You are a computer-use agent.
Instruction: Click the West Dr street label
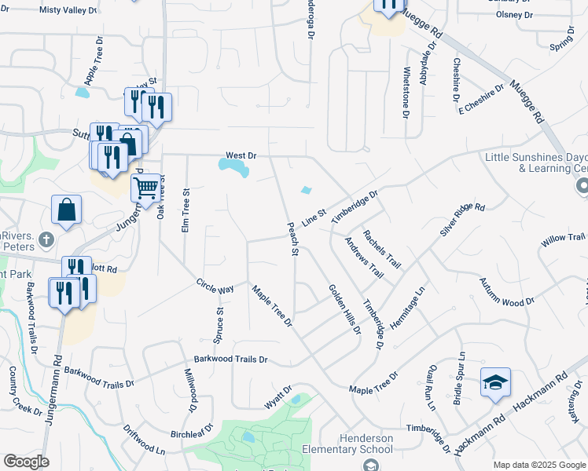point(241,155)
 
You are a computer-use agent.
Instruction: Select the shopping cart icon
point(145,188)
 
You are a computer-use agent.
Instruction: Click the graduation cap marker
point(495,382)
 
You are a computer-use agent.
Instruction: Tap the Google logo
point(26,462)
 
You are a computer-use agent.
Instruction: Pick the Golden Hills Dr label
point(344,309)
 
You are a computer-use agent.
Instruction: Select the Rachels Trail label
point(381,249)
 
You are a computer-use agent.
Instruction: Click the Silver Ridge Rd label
point(462,219)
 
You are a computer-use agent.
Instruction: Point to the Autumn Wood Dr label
point(506,290)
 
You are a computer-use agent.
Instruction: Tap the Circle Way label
point(215,285)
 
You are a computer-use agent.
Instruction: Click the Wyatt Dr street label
point(278,396)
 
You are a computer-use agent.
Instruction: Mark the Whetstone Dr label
point(406,93)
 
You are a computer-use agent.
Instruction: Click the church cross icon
point(46,239)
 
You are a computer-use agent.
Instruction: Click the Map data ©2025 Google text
point(539,464)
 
